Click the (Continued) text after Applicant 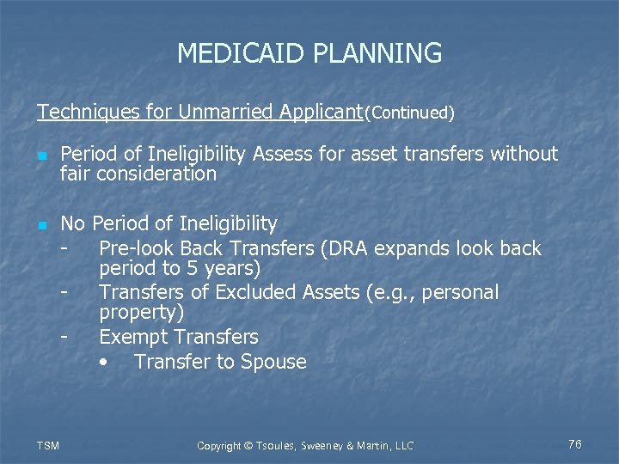[x=409, y=113]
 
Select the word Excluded [x=254, y=292]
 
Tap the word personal [x=461, y=292]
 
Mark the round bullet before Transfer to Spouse [x=104, y=363]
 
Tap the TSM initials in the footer [x=49, y=445]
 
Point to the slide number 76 [x=574, y=444]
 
